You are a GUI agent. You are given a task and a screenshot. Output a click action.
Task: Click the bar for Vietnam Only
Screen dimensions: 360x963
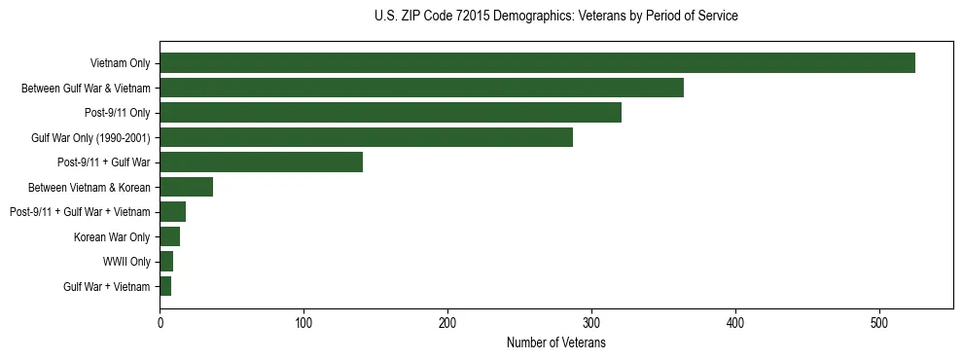(537, 63)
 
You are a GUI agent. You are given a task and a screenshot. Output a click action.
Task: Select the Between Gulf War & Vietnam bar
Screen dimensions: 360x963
(421, 88)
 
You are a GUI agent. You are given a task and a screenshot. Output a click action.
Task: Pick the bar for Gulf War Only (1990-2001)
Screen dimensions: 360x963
(366, 137)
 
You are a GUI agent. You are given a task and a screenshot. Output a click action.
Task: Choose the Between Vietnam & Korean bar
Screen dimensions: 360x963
(186, 187)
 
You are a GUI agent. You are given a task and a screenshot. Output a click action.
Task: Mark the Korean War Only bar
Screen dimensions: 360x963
(169, 236)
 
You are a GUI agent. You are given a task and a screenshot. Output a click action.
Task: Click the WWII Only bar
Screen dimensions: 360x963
(166, 262)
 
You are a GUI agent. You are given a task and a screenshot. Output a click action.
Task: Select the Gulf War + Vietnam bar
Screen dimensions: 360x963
(165, 286)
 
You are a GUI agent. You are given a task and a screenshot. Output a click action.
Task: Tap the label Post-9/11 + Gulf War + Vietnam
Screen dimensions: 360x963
(80, 212)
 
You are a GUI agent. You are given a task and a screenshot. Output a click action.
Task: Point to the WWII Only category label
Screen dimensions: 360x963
(126, 262)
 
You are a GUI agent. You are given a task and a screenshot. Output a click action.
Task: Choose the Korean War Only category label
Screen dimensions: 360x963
(112, 236)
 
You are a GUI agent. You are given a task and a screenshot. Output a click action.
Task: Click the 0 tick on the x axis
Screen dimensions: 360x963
(160, 322)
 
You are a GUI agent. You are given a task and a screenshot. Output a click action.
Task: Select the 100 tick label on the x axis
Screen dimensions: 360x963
(303, 322)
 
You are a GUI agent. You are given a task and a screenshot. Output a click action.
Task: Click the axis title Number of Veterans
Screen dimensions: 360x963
(556, 342)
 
